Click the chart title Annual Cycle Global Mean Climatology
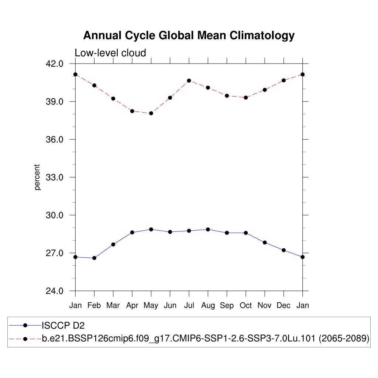click(x=189, y=35)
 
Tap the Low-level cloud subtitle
click(x=110, y=53)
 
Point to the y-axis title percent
click(x=37, y=177)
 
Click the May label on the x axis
click(x=151, y=305)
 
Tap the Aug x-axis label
click(x=208, y=305)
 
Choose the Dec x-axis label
click(x=283, y=305)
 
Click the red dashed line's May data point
click(x=151, y=113)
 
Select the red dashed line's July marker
click(x=189, y=80)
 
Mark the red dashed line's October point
click(x=246, y=97)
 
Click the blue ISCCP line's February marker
click(x=94, y=258)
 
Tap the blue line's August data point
click(x=208, y=230)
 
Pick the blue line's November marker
click(x=265, y=243)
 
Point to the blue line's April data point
click(x=132, y=233)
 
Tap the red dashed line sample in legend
click(x=25, y=339)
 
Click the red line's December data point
click(x=283, y=80)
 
